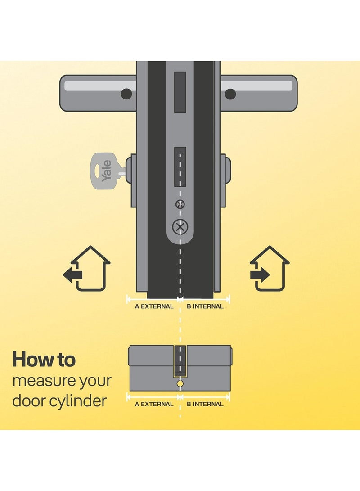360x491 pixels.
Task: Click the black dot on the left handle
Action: click(x=127, y=94)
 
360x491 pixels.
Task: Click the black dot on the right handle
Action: click(x=230, y=94)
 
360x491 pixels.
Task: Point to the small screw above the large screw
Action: click(x=180, y=204)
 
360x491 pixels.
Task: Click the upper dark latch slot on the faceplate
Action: click(x=180, y=92)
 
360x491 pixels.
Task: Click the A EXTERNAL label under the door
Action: click(x=154, y=306)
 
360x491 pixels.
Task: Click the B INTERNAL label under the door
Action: click(x=205, y=306)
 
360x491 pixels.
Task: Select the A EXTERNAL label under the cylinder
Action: click(x=154, y=404)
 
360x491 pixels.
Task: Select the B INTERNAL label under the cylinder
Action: click(x=205, y=404)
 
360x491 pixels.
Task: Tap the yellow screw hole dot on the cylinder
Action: click(x=180, y=384)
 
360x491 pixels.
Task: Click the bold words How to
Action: click(x=44, y=359)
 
